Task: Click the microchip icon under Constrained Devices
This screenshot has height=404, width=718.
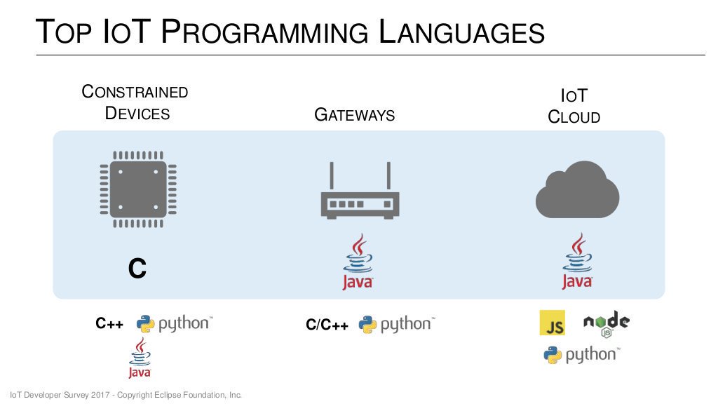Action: point(138,189)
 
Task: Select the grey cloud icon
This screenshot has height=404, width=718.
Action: point(577,189)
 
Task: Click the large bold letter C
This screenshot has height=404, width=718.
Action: point(137,269)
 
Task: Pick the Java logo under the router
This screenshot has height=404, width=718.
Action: point(358,263)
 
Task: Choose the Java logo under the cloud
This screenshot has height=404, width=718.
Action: point(577,262)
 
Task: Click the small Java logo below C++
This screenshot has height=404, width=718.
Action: point(140,358)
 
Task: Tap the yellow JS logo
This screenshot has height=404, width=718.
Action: point(552,323)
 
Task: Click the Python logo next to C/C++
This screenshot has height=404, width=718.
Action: point(396,324)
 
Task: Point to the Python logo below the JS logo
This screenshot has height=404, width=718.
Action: point(581,355)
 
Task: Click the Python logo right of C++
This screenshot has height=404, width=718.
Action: point(174,323)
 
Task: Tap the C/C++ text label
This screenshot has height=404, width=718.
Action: point(327,325)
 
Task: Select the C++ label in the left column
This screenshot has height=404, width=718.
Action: point(109,324)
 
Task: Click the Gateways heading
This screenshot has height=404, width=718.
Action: point(355,115)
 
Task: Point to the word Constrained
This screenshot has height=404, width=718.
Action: point(135,92)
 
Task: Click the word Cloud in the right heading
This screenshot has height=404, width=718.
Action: point(574,117)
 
